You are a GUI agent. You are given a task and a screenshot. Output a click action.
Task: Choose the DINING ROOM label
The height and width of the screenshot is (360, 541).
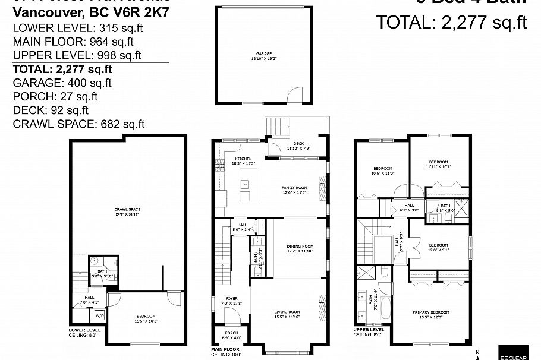[x=299, y=248]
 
